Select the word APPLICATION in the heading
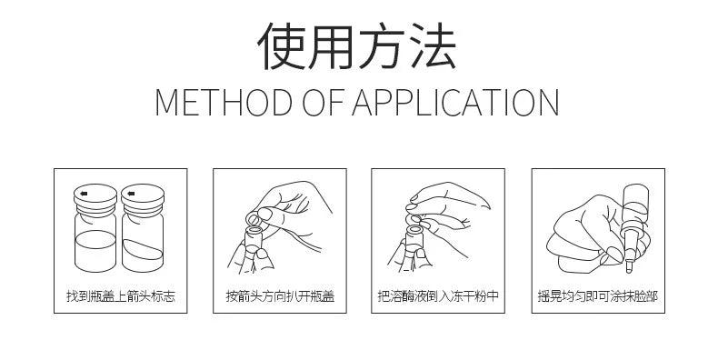click(454, 101)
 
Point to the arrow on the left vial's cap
click(85, 194)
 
